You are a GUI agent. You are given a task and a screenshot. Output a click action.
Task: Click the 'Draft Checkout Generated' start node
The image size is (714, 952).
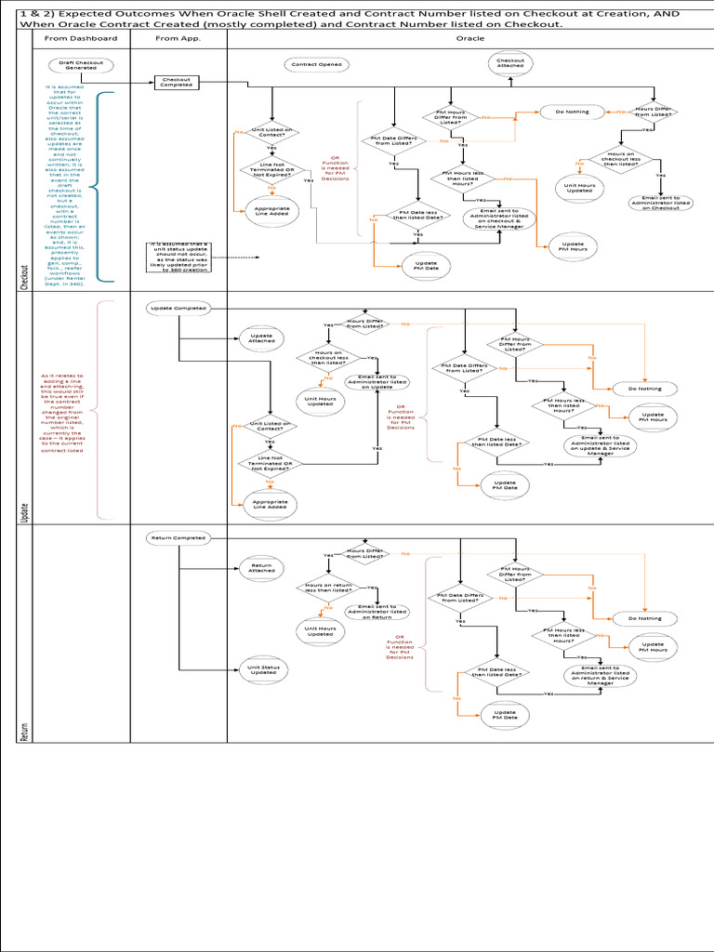pos(81,64)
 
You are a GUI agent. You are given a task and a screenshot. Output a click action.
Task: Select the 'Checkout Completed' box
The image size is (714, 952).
pos(177,82)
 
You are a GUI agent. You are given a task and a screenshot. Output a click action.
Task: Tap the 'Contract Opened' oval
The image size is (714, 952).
pos(315,65)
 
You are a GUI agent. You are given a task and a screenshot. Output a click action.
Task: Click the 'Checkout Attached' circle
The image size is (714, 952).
pos(510,64)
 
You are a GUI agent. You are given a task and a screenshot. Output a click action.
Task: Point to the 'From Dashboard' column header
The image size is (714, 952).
pos(81,39)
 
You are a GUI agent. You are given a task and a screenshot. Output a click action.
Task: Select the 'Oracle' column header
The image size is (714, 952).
pos(469,39)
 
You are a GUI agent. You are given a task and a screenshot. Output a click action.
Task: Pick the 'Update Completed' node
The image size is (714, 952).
pos(177,308)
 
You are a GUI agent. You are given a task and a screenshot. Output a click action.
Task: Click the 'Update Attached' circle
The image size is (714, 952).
pos(261,338)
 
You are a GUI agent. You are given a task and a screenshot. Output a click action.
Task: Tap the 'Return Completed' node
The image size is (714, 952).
pos(177,537)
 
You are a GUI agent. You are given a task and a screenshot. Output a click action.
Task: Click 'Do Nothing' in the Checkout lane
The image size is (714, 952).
pos(572,112)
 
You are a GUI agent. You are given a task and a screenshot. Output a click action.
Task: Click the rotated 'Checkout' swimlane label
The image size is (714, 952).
pos(24,276)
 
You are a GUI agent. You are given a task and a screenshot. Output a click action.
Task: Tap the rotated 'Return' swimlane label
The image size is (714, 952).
pos(24,731)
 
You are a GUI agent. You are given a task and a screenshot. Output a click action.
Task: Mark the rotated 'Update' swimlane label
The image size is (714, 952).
pos(24,511)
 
